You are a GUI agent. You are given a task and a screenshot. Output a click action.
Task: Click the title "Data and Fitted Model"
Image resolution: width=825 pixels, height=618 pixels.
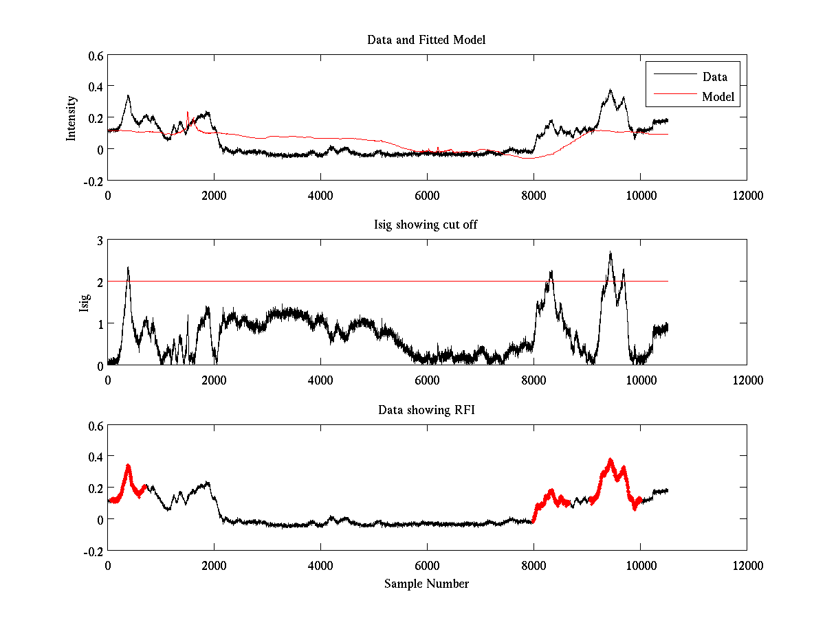(426, 40)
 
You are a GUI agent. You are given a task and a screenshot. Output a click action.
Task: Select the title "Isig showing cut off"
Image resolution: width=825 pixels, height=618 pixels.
(426, 225)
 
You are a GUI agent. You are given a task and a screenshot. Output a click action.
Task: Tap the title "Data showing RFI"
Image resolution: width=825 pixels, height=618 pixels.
(426, 410)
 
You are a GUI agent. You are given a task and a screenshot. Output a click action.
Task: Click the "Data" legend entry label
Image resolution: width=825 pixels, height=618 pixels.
(714, 76)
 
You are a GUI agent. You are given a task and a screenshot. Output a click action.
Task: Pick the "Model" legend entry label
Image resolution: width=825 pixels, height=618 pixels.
(718, 97)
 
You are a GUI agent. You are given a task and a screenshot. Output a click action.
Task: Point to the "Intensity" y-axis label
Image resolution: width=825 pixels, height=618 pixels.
(71, 118)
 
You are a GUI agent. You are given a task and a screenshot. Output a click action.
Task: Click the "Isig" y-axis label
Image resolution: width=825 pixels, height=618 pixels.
(84, 303)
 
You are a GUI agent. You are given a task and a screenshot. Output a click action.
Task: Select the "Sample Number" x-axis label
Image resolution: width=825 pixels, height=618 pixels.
(426, 584)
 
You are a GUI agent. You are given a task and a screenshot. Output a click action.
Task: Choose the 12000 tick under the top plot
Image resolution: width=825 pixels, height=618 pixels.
(747, 195)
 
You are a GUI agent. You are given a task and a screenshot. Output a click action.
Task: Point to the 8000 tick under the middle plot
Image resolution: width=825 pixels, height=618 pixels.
(533, 380)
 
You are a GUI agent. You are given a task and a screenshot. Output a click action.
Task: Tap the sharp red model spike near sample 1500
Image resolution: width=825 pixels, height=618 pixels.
(187, 112)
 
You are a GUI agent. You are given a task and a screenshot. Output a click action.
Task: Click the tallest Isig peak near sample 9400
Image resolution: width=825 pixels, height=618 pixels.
(610, 253)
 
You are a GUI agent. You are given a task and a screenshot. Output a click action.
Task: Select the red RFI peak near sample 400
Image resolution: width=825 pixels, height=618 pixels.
(128, 466)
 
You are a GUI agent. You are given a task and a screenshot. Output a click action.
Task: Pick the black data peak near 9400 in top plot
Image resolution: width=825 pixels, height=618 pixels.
(610, 90)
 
